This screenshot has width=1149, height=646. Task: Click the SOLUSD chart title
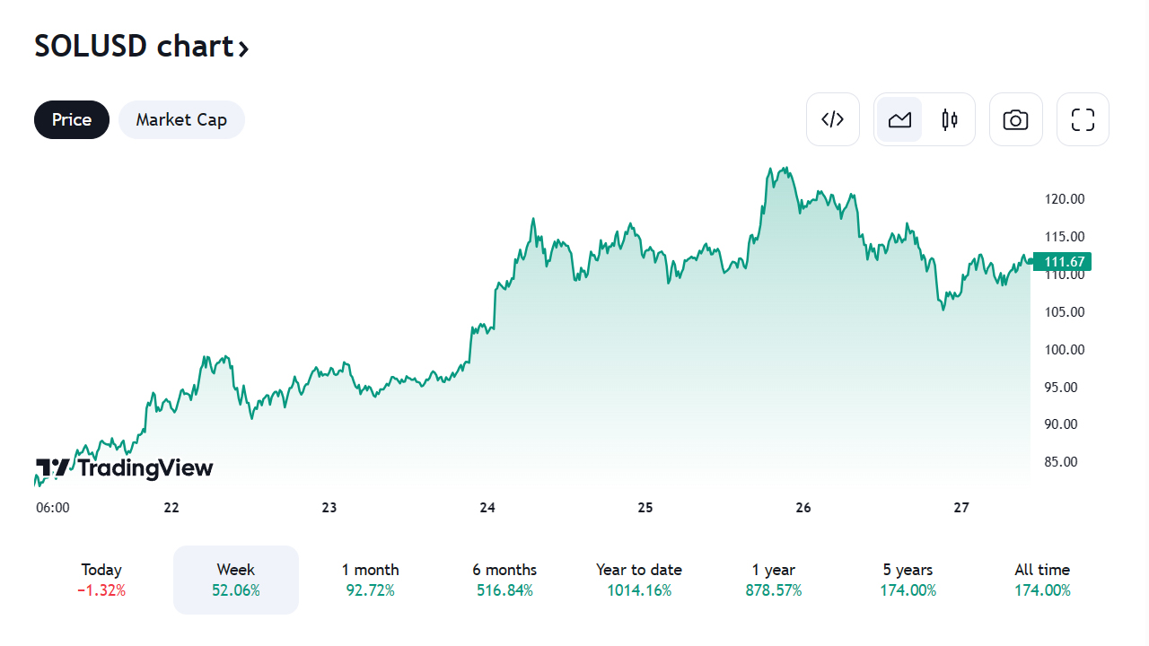[x=141, y=47]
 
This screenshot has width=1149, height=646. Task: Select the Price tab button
[x=72, y=120]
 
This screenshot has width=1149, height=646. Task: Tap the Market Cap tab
[x=181, y=120]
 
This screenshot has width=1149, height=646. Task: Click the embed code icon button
[x=833, y=119]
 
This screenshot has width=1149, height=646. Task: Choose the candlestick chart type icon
[x=950, y=119]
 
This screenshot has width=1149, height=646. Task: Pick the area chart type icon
[x=899, y=119]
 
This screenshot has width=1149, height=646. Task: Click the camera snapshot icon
[x=1015, y=119]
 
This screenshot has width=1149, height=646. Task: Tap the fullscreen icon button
[x=1083, y=119]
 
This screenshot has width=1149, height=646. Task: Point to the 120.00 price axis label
[x=1065, y=199]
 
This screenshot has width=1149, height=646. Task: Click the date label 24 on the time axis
[x=487, y=508]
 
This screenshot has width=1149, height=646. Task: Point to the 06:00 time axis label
[x=53, y=508]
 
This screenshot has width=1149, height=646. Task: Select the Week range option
[x=236, y=580]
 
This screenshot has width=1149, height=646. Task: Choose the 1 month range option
[x=370, y=580]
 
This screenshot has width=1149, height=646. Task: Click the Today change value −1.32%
[x=101, y=591]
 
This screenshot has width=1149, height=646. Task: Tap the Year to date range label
[x=638, y=570]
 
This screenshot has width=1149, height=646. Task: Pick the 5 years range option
[x=908, y=580]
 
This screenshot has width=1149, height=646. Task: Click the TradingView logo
[x=125, y=467]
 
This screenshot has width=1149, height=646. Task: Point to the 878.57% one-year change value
[x=773, y=591]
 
